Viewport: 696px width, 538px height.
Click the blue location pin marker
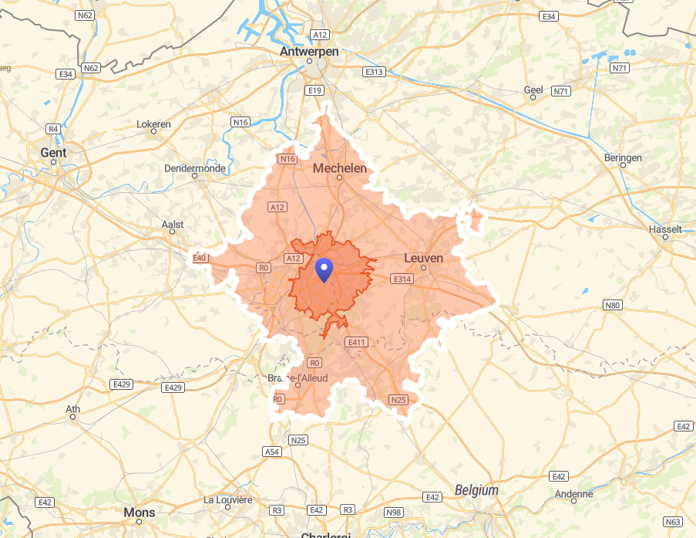(x=324, y=270)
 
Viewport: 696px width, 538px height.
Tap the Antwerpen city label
(x=309, y=52)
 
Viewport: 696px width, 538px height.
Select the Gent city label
(x=53, y=153)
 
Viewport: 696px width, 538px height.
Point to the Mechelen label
(x=339, y=167)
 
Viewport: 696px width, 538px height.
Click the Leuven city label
(x=424, y=258)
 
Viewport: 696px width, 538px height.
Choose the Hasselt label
(x=666, y=229)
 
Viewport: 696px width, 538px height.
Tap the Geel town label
(x=533, y=90)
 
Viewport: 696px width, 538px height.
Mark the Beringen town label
(x=623, y=157)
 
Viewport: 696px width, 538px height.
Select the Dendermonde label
(x=194, y=168)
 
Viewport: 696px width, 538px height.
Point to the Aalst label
(x=173, y=225)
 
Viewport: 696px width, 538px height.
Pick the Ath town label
(x=73, y=409)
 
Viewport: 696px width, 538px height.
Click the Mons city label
(x=140, y=513)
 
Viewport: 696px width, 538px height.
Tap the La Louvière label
(x=228, y=499)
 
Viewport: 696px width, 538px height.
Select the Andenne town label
(x=574, y=494)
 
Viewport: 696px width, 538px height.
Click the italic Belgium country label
(x=476, y=490)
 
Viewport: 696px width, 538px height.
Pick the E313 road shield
(x=374, y=72)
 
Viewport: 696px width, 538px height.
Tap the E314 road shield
(x=402, y=279)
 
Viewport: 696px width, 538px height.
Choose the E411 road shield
(x=358, y=342)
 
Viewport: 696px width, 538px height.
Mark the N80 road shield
(x=613, y=306)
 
